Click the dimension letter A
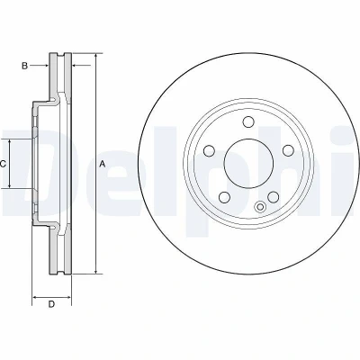[103, 164]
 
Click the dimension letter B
[24, 66]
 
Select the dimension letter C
[3, 164]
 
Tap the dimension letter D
[51, 304]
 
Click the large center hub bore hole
[248, 164]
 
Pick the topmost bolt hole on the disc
[248, 121]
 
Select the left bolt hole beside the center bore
[209, 150]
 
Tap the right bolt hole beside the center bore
[288, 150]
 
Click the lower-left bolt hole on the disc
[224, 197]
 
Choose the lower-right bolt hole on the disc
[274, 197]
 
